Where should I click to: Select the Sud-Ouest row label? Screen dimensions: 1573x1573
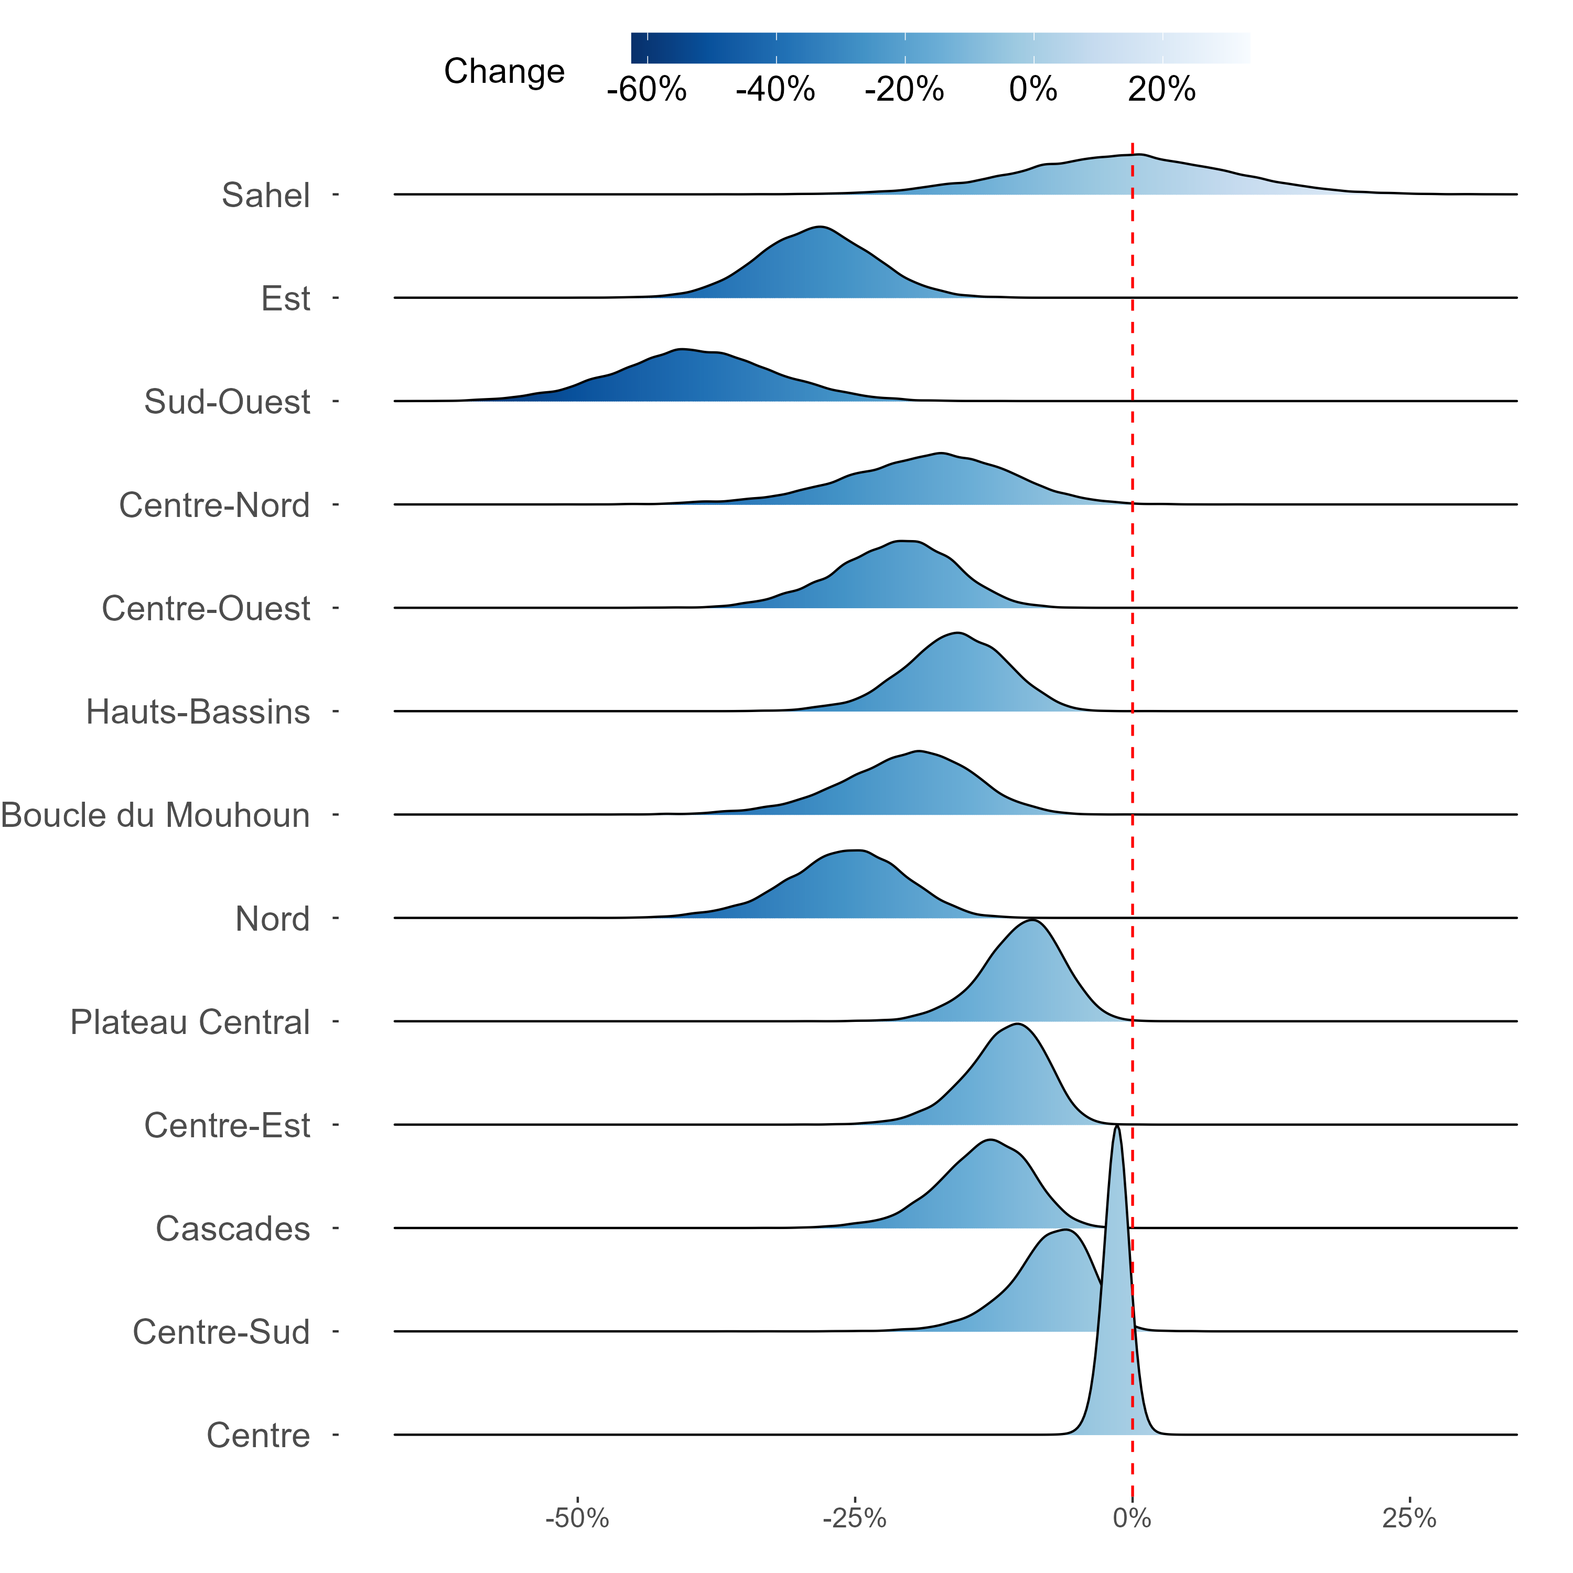coord(227,402)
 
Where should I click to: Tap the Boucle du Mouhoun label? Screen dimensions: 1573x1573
coord(156,816)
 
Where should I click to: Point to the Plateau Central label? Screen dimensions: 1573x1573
coord(190,1022)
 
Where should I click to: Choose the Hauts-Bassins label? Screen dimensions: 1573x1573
coord(198,713)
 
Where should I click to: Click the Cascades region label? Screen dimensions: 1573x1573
coord(233,1230)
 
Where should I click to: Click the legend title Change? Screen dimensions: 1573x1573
coord(504,72)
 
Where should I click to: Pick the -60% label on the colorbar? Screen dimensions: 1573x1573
coord(647,90)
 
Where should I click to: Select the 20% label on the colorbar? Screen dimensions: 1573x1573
coord(1162,90)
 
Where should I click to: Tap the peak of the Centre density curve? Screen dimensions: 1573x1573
coord(1117,1126)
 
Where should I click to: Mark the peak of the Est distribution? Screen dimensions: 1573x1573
coord(820,227)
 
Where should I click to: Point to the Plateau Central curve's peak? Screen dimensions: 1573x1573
coord(1033,920)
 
